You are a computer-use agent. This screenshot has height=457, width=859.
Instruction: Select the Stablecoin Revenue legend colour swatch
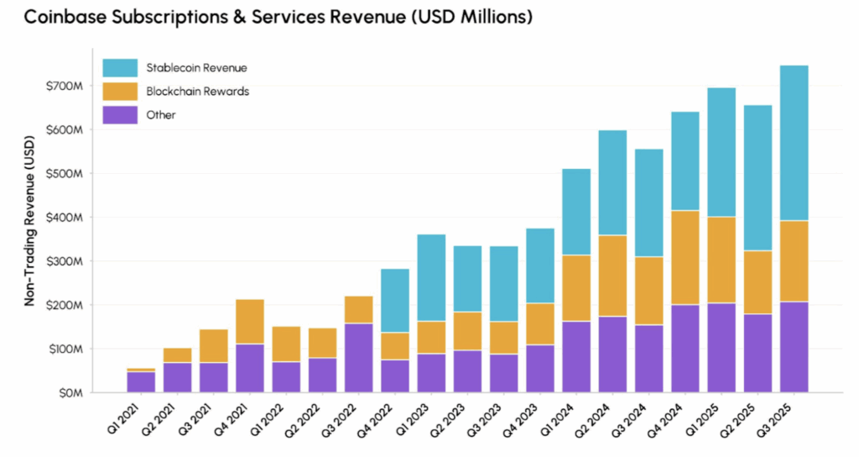tap(119, 68)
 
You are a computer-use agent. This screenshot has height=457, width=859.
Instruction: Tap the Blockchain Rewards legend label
tap(197, 91)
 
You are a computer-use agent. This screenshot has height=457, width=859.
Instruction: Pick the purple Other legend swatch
tap(119, 114)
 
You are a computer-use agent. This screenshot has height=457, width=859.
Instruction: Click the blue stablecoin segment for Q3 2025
tap(794, 143)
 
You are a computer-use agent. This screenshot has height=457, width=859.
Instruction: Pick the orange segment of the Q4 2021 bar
tap(250, 322)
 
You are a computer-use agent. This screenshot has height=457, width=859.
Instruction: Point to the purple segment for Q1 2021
tap(141, 381)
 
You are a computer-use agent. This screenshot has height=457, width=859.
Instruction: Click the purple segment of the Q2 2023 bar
tap(467, 370)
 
